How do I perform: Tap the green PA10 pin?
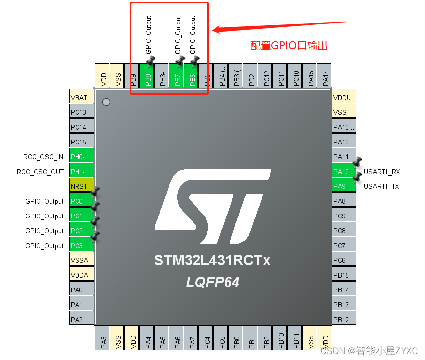tap(344, 172)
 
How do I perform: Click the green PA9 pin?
tap(344, 186)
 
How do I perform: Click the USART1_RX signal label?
tap(382, 172)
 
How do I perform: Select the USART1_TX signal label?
tap(382, 186)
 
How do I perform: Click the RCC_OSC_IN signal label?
tap(43, 157)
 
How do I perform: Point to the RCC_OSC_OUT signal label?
tap(40, 172)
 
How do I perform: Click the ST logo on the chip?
tap(212, 207)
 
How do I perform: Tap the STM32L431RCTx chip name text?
tap(212, 260)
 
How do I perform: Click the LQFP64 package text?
tap(212, 282)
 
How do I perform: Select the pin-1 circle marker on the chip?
tap(106, 102)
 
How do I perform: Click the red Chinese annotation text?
tap(289, 46)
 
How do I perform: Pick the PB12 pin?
tap(344, 320)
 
